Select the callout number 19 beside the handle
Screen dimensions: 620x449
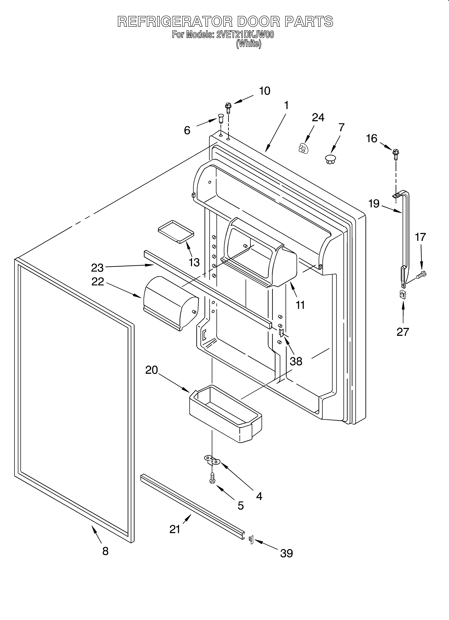374,204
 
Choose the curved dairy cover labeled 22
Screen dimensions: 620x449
170,306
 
